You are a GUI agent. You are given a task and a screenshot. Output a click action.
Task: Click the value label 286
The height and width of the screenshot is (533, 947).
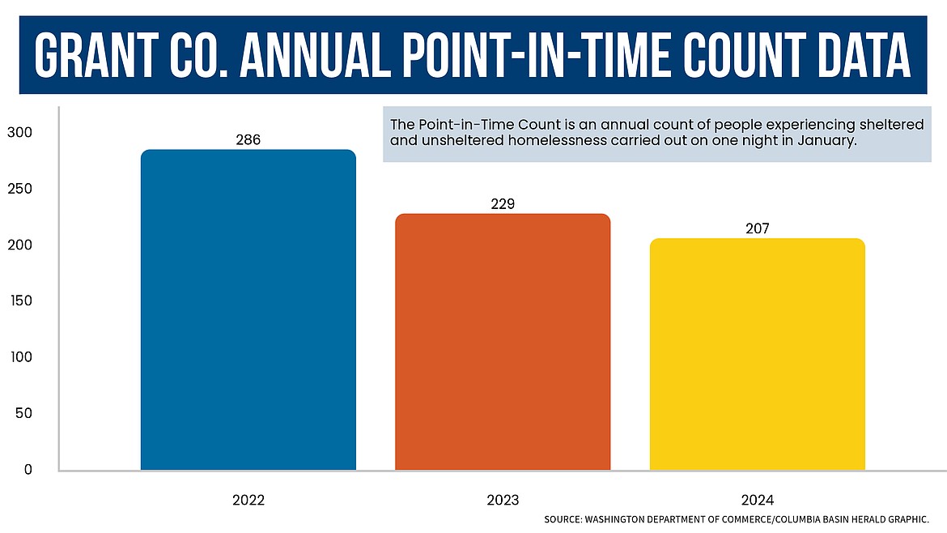point(248,140)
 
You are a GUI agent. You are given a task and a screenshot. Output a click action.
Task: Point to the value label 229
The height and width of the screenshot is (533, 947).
point(503,204)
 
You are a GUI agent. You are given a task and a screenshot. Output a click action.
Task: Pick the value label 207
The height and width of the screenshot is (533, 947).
point(757,228)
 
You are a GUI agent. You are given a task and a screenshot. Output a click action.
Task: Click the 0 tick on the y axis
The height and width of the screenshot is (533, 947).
point(28,469)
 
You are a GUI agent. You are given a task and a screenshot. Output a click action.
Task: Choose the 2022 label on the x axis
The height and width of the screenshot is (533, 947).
point(248,500)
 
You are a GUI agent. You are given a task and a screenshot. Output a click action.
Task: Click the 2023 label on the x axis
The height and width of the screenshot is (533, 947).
point(503,500)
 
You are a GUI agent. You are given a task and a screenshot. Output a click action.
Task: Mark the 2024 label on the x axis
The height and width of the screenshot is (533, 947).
point(757,500)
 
